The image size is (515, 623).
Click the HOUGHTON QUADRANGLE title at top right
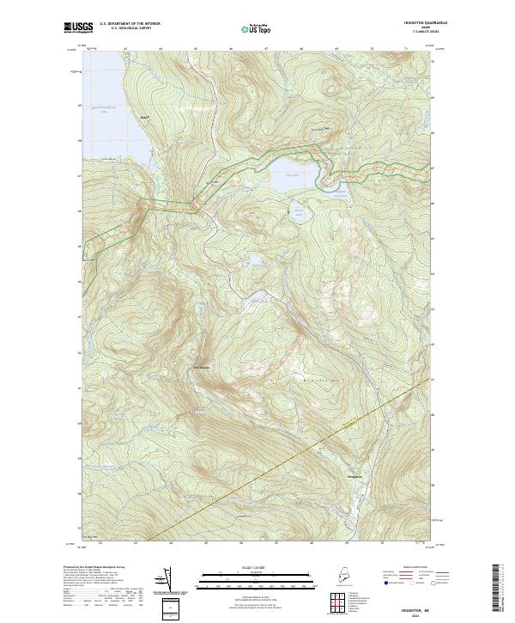point(417,22)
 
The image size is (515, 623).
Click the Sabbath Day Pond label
point(341,195)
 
